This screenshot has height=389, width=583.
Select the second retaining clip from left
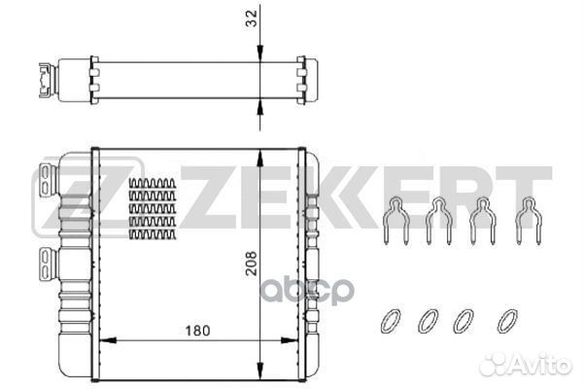point(438,221)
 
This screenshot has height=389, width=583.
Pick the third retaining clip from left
point(481,221)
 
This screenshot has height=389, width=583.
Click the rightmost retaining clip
point(526,221)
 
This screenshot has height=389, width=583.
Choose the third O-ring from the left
point(465,320)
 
